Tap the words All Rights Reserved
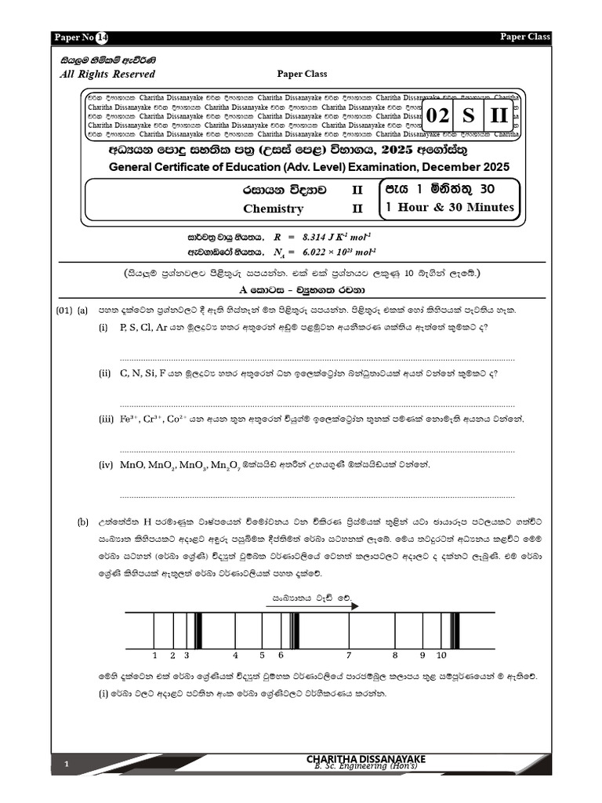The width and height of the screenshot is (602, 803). coord(107,74)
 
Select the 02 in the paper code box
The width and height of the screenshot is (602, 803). coord(438,116)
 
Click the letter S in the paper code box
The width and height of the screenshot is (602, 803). coord(468,116)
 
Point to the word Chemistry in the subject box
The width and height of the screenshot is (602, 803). coord(273,209)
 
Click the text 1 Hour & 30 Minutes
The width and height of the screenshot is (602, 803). coord(449,207)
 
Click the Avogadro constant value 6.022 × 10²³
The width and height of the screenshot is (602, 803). coord(317,252)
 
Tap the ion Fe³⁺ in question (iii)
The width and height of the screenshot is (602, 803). coord(130,420)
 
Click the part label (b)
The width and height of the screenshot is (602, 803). coord(82,521)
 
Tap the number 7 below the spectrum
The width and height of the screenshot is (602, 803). coord(348,654)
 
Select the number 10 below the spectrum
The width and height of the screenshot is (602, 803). coord(441,654)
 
